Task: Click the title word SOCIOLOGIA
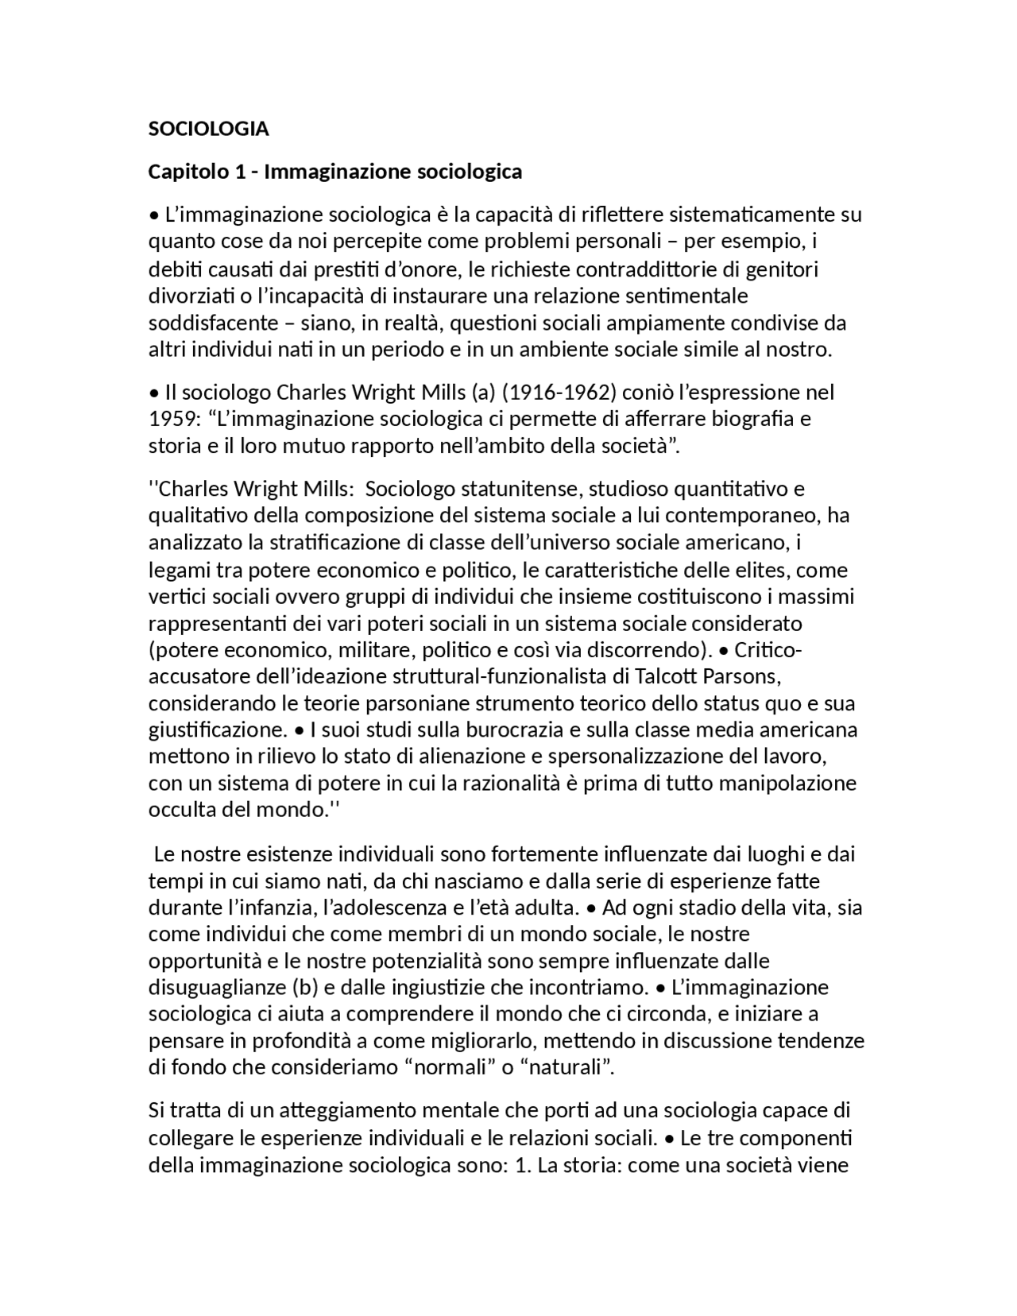[209, 129]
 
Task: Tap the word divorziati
[187, 296]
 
